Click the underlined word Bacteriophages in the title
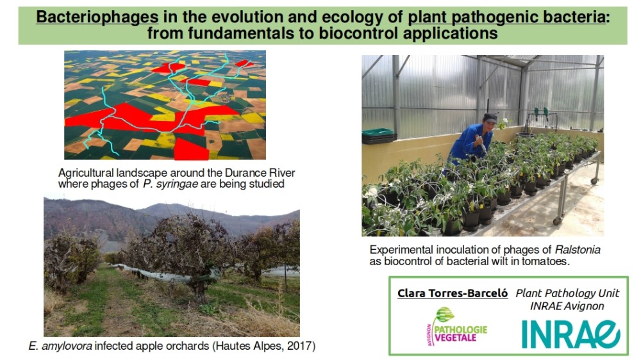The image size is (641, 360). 97,17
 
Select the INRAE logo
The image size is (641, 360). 571,334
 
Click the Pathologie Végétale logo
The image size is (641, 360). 456,327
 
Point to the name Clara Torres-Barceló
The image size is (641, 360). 453,293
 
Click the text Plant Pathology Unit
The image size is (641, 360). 567,293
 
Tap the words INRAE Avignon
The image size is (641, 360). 567,306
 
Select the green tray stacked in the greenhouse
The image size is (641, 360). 378,132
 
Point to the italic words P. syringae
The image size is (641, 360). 171,184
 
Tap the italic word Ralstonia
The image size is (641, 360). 578,250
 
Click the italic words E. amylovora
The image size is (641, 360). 60,346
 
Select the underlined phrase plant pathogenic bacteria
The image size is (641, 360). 506,17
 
